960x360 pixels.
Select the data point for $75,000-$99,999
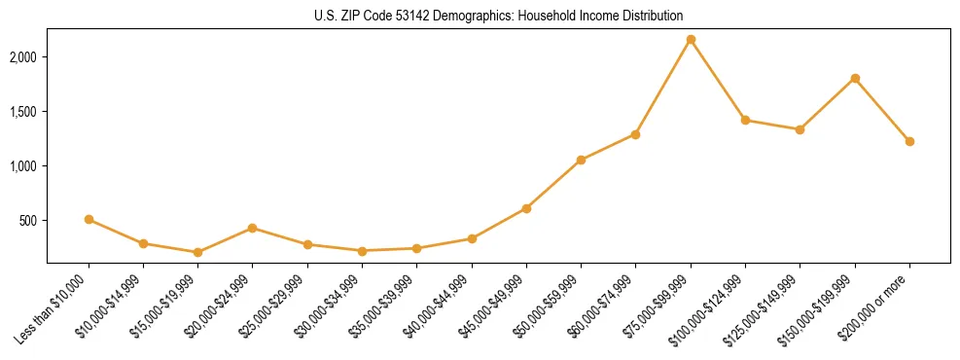tap(691, 40)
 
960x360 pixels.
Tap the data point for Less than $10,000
tap(89, 219)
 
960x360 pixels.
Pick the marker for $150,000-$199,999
tap(855, 78)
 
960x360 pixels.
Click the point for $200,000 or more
tap(909, 141)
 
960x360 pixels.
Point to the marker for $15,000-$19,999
tap(197, 252)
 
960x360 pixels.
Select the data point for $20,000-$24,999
tap(252, 228)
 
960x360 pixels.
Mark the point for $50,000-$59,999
tap(581, 160)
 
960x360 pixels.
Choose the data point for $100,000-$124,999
tap(745, 120)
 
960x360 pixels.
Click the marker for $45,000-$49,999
tap(526, 208)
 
